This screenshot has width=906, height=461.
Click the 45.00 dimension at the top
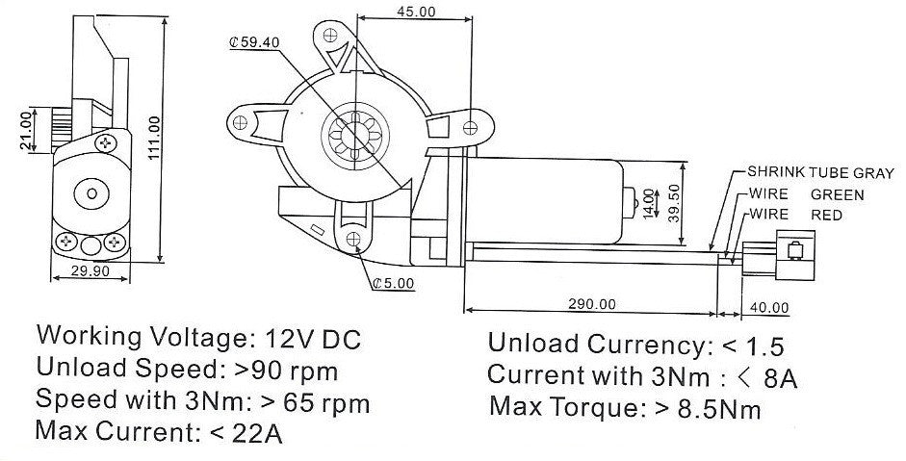point(415,12)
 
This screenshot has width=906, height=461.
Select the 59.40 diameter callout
point(254,42)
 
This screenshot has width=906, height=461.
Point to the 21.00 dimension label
point(25,130)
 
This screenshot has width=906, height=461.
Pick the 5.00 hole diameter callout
point(392,283)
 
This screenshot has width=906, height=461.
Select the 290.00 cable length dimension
point(591,304)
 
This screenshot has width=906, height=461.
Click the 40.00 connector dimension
point(768,308)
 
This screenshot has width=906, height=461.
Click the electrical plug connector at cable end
point(792,254)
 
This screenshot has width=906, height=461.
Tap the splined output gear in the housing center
point(353,132)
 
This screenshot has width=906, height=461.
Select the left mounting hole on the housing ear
point(240,121)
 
